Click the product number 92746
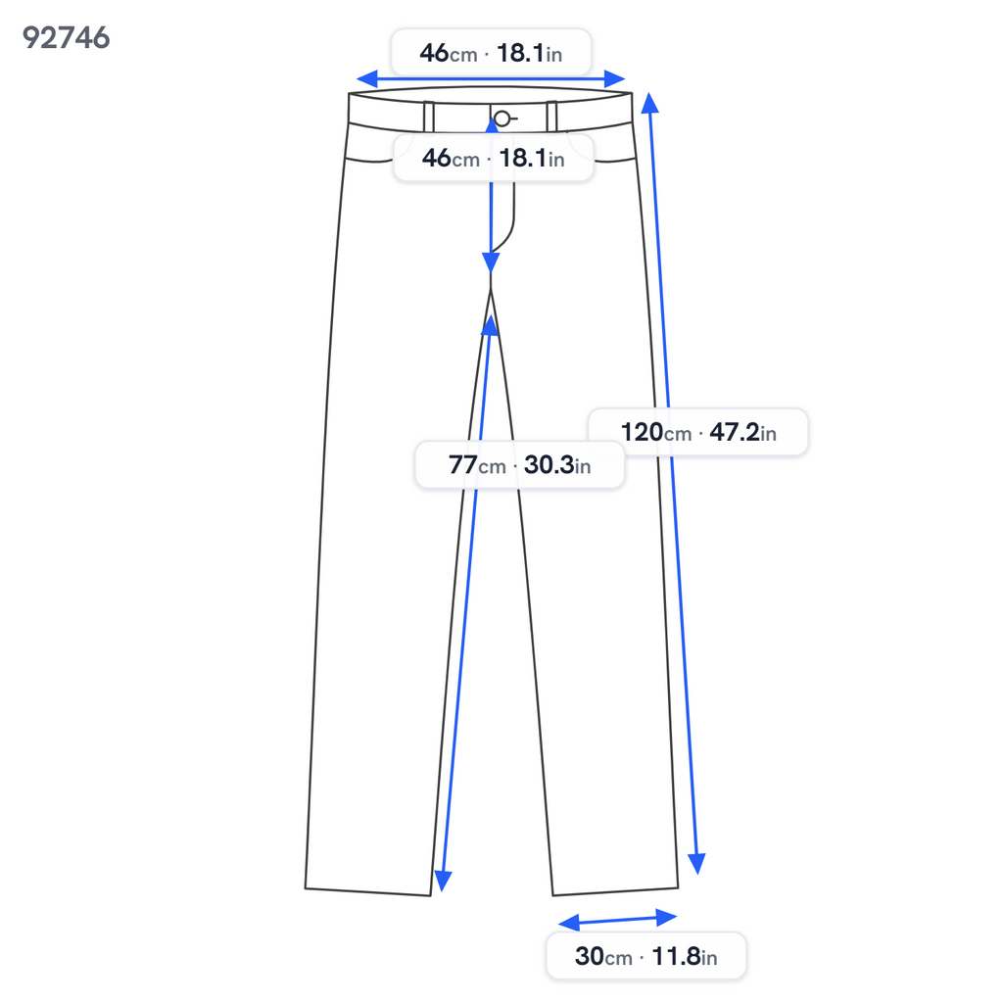tap(66, 38)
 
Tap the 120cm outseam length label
tap(697, 432)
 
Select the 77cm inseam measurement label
tap(519, 465)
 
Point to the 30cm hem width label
tap(646, 957)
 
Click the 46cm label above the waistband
tap(491, 53)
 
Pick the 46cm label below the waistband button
tap(494, 158)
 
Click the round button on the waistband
tap(502, 119)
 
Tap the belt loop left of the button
tap(429, 117)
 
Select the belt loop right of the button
tap(552, 117)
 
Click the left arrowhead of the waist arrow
tap(366, 79)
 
